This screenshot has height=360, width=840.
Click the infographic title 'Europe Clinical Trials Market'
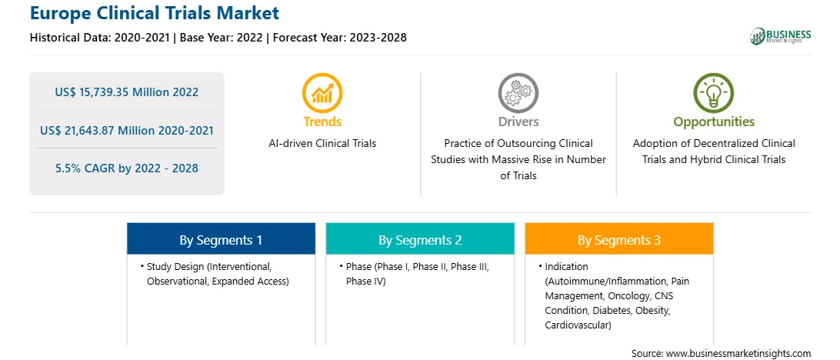[155, 12]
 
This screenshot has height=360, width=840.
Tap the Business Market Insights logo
[781, 36]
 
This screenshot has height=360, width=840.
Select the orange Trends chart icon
[322, 92]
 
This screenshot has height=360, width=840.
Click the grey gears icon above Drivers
[518, 92]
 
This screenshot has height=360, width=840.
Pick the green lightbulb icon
[714, 92]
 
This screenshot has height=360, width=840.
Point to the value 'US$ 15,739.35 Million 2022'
[126, 92]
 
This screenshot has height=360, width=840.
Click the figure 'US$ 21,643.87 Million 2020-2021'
[126, 130]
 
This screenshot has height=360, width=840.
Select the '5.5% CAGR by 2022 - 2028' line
[126, 168]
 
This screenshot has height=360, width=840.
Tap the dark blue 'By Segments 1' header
[222, 239]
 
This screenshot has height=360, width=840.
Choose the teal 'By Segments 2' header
[420, 239]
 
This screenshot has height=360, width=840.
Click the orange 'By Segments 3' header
[619, 239]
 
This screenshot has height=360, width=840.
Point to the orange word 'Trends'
[322, 122]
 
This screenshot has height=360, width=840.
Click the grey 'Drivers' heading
[518, 122]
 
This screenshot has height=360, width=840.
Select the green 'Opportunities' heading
[714, 122]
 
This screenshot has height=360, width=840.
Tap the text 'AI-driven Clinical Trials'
[322, 144]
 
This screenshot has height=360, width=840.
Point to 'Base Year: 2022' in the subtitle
[222, 38]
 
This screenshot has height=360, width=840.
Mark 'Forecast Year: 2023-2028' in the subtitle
[340, 38]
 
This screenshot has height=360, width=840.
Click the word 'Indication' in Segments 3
[567, 266]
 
